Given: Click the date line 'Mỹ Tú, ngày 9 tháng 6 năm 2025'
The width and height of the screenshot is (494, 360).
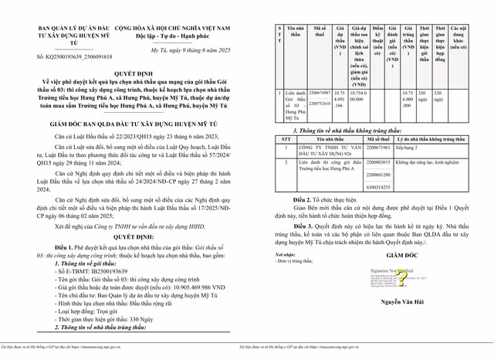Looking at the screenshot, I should tap(179, 49).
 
